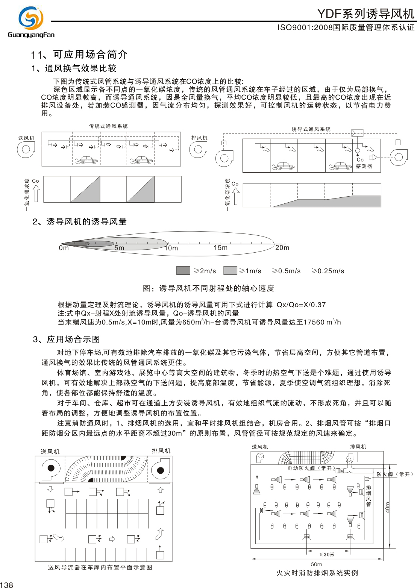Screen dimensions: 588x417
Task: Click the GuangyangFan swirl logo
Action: coord(31,18)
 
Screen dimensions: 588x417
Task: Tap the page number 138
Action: coord(7,585)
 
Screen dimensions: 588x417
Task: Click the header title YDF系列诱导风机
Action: coord(365,14)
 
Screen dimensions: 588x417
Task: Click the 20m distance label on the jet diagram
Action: coord(282,247)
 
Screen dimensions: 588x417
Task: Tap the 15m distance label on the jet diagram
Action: coord(221,247)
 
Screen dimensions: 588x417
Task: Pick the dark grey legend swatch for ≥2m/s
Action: coord(183,270)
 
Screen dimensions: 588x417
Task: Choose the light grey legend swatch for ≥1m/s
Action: coord(230,270)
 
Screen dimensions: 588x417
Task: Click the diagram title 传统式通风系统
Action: coord(108,126)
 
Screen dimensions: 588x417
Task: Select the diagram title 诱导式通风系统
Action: coord(311,129)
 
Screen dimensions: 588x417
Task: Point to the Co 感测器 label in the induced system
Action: coord(364,163)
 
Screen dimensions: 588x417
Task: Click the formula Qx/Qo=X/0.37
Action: coord(301,305)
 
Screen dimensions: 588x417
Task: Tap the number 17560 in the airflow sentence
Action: coord(314,322)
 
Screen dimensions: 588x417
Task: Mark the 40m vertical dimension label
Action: coord(388,507)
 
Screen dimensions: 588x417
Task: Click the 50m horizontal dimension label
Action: coord(317,564)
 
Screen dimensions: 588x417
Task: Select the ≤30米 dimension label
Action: coord(326,554)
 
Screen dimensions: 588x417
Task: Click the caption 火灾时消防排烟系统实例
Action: coord(317,573)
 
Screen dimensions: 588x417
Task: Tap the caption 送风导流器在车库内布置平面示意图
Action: coord(100,567)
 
